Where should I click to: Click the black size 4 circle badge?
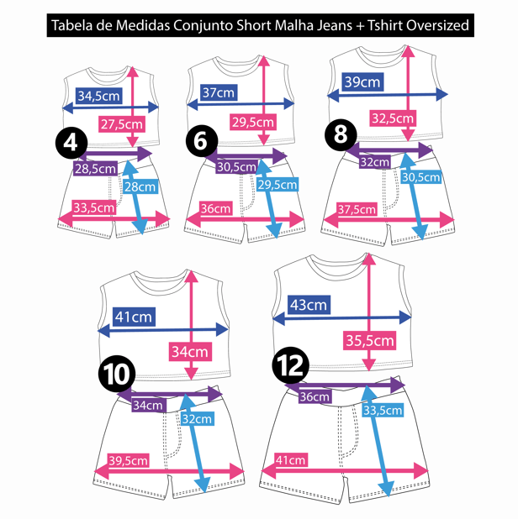coord(71,143)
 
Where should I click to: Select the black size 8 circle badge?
coord(341,134)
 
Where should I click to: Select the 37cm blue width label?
coord(219,93)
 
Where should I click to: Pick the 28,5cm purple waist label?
coord(95,169)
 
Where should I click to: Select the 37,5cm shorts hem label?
coord(357,209)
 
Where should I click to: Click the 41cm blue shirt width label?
coord(134,317)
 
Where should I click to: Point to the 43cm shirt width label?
coord(308,306)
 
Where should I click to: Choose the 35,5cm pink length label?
coord(370,340)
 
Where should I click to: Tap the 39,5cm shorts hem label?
coord(129,460)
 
